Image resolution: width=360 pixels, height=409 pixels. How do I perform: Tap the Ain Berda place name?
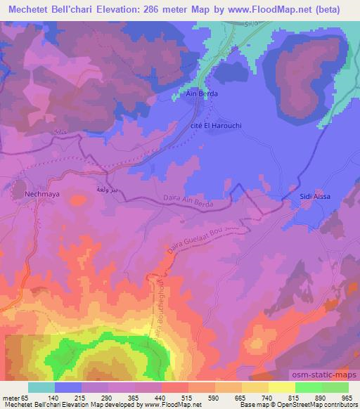(x=201, y=93)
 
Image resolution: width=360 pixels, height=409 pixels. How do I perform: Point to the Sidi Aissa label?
(x=315, y=196)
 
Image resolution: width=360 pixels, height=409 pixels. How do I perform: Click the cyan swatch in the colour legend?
(x=41, y=387)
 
